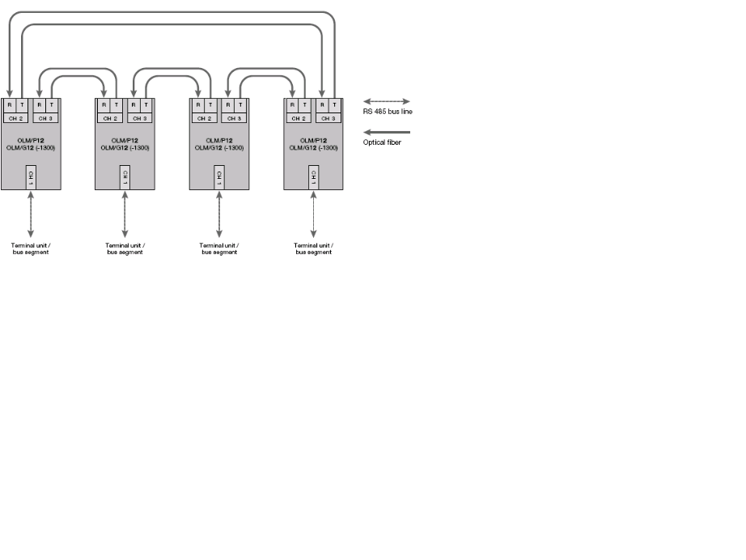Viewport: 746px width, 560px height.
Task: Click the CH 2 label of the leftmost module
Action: [x=16, y=118]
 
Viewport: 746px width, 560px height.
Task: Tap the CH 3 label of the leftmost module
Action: [x=45, y=118]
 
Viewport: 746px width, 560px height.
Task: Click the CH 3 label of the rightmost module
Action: [x=328, y=118]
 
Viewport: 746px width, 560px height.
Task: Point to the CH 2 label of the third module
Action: [x=205, y=118]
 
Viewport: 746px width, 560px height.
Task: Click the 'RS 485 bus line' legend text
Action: [x=388, y=111]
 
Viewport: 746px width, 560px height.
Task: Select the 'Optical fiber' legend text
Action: [x=381, y=142]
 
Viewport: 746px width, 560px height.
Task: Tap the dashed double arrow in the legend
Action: [x=387, y=101]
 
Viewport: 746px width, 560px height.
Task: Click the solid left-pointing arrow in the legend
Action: [x=387, y=132]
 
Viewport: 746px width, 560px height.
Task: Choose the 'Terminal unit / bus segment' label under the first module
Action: [x=31, y=248]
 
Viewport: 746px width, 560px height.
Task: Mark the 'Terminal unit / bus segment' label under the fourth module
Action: [x=313, y=248]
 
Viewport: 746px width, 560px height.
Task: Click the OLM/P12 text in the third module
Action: [x=219, y=140]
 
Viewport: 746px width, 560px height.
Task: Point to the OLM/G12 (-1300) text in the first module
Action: [x=31, y=148]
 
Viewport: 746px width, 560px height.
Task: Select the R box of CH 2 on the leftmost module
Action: [x=10, y=105]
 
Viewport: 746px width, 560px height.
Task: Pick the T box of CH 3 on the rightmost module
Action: [x=335, y=105]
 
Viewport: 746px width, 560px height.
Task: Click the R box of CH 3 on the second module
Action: [x=133, y=105]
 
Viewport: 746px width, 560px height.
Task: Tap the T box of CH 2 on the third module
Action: [x=211, y=105]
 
